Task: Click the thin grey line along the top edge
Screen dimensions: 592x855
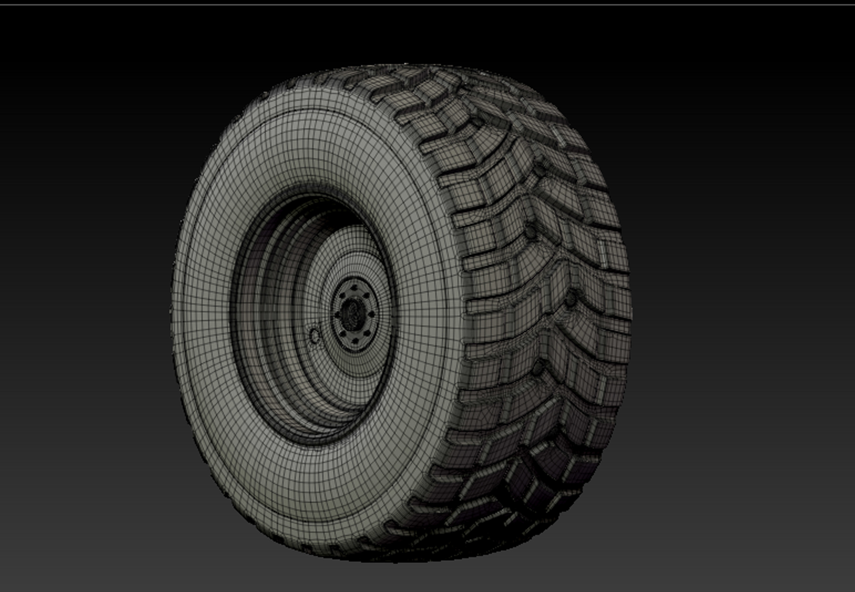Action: (427, 4)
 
